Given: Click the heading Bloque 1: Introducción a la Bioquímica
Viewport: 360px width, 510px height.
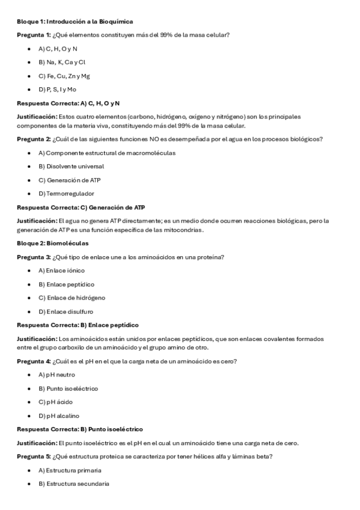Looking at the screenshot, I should click(75, 21).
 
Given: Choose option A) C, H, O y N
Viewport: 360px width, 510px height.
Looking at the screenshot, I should click(58, 49).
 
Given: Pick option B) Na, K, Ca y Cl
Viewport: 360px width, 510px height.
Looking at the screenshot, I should click(62, 62).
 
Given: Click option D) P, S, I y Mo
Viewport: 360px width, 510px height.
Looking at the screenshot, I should click(57, 90).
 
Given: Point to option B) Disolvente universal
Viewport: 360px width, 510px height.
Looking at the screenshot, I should click(71, 166).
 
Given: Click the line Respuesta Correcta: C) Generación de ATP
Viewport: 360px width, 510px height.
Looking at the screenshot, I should click(81, 207).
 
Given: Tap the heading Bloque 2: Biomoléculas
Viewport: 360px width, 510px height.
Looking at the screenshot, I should click(52, 244).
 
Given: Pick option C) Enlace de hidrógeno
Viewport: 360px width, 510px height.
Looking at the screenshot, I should click(72, 298).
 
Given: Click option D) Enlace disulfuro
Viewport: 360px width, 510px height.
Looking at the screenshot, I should click(66, 312).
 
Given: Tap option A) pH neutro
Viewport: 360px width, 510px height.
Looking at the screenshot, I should click(56, 375).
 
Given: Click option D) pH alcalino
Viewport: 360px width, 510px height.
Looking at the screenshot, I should click(58, 416).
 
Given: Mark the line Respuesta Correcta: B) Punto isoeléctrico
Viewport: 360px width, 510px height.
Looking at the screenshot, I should click(79, 429).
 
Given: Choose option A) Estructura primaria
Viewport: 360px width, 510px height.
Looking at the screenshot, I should click(70, 470).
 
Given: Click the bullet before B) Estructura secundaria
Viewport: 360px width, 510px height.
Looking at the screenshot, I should click(29, 484).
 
